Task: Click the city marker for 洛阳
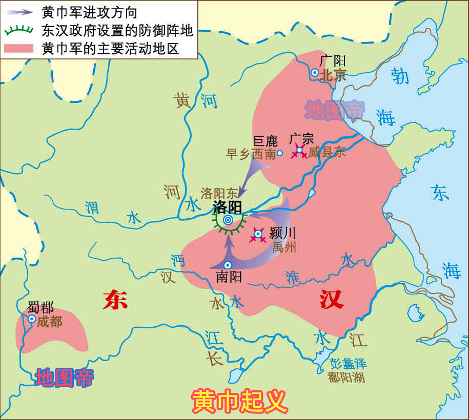228,220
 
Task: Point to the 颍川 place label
282,233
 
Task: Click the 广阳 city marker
314,73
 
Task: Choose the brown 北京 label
333,75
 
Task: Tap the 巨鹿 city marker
280,153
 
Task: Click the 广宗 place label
301,139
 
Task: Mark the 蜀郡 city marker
32,319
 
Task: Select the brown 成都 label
49,321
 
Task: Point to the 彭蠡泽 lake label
348,364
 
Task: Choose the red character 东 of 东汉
115,300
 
